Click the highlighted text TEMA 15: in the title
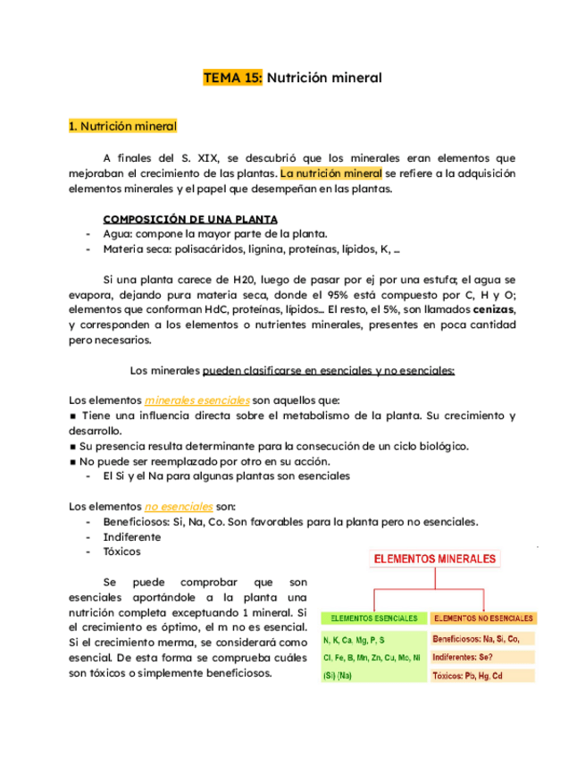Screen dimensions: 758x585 [233, 79]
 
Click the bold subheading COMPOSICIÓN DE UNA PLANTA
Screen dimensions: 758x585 [190, 219]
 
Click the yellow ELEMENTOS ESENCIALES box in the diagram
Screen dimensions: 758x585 [373, 618]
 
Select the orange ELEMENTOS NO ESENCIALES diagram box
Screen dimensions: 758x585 [482, 618]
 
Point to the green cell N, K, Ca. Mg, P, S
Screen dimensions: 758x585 [355, 640]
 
